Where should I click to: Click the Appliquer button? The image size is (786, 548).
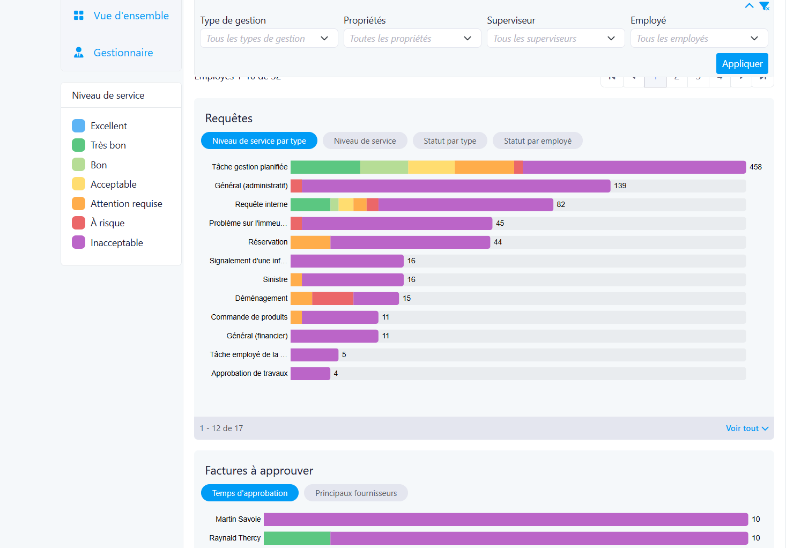(742, 64)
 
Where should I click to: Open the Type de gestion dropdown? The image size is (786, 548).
(269, 39)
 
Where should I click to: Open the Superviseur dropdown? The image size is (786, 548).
(555, 39)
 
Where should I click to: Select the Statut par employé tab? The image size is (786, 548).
(537, 141)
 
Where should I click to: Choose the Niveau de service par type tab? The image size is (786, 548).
(259, 141)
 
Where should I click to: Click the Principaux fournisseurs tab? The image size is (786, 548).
(356, 493)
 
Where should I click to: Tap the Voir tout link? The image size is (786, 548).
(747, 428)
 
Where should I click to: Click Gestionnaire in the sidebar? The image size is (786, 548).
(123, 53)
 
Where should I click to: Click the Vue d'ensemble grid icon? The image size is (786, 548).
(79, 16)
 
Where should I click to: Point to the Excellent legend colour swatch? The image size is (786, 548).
(79, 126)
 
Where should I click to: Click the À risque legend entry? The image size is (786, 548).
(107, 223)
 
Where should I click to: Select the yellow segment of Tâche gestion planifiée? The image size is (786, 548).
(431, 167)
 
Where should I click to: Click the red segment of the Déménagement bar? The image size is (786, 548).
(333, 299)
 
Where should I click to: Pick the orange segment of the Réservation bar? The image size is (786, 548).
(310, 242)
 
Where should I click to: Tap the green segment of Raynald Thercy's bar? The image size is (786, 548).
(297, 538)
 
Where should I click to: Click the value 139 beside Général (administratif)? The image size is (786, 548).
(620, 186)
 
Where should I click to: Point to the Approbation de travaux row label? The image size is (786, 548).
(249, 374)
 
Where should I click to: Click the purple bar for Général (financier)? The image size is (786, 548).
(334, 336)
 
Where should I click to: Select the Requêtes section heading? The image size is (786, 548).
(229, 119)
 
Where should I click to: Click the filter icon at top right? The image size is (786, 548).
(764, 6)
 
